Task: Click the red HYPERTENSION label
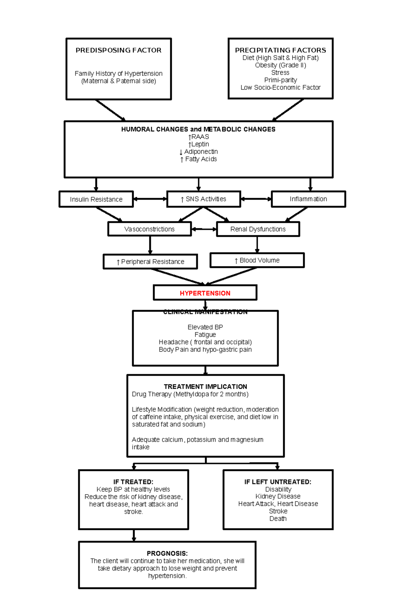click(205, 293)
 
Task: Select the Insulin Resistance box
click(96, 199)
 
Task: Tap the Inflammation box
click(308, 199)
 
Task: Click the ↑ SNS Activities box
click(203, 199)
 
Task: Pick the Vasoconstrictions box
click(149, 229)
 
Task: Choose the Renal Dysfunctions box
click(258, 229)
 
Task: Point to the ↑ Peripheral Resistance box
click(150, 262)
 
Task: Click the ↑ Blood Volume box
click(257, 260)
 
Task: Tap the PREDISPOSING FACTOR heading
click(118, 50)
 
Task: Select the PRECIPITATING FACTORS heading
click(280, 50)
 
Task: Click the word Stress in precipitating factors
click(280, 72)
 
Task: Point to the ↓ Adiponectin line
click(198, 152)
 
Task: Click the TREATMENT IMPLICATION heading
click(205, 386)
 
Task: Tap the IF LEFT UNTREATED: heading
click(278, 482)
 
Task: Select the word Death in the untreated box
click(278, 518)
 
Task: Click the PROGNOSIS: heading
click(167, 553)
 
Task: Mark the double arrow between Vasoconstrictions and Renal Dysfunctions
click(204, 229)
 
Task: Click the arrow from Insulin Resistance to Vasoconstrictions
click(110, 214)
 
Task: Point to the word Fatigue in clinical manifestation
click(205, 334)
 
